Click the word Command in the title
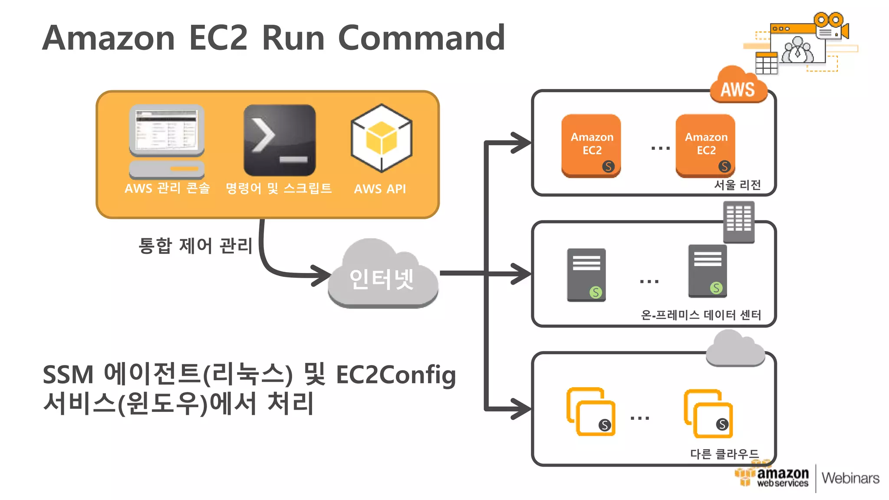421,38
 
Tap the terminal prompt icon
280,140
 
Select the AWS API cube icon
381,138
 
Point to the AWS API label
380,189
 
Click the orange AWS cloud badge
738,87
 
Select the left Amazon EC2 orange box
591,145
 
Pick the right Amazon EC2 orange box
705,145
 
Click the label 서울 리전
738,185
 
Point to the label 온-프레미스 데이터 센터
701,315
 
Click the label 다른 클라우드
724,454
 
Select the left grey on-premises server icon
586,274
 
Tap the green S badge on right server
716,288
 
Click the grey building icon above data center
738,222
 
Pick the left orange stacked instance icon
591,411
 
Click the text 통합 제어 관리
195,246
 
